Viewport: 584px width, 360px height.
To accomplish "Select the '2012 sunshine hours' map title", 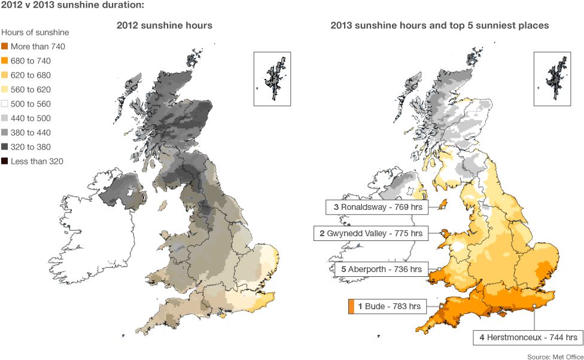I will coord(164,26).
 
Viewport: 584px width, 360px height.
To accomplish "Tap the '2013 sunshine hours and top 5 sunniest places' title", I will coord(440,26).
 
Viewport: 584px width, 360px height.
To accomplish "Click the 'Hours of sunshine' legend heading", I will coord(35,32).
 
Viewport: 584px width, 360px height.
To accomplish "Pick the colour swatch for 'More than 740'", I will coord(5,47).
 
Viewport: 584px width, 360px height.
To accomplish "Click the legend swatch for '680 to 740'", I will coord(5,61).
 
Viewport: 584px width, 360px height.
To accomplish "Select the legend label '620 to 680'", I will coord(31,75).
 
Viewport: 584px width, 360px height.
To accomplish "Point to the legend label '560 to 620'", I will coord(31,90).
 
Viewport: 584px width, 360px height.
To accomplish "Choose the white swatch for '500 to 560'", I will coord(5,104).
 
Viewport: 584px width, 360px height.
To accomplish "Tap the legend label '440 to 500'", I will coord(31,118).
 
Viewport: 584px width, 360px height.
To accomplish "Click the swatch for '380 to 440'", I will coord(5,133).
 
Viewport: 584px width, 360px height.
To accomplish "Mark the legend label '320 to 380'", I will coord(31,147).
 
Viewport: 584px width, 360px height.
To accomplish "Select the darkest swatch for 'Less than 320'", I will coord(5,161).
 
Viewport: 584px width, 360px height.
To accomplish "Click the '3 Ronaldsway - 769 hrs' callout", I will coord(376,208).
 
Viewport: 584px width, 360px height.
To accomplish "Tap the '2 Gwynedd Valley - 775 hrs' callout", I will coord(371,233).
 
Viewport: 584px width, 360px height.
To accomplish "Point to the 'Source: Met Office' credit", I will coord(555,357).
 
